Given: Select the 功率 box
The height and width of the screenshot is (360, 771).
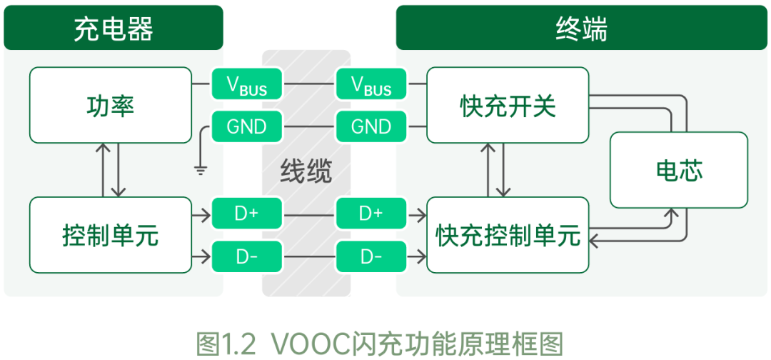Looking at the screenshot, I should pyautogui.click(x=111, y=105).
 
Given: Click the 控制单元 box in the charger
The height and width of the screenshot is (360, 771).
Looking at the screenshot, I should pyautogui.click(x=111, y=235).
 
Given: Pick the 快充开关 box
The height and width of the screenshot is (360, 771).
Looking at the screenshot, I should pyautogui.click(x=508, y=105).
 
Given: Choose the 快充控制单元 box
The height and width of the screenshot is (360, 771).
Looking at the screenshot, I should pyautogui.click(x=508, y=235).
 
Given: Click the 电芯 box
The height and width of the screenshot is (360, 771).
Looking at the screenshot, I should pyautogui.click(x=679, y=170).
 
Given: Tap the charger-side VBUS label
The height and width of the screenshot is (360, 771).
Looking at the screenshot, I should pyautogui.click(x=247, y=85).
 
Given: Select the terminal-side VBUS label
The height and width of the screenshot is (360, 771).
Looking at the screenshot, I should pyautogui.click(x=371, y=85).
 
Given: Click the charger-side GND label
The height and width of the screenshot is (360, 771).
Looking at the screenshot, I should pyautogui.click(x=247, y=126).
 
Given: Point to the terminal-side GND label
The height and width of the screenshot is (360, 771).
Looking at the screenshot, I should pyautogui.click(x=371, y=126).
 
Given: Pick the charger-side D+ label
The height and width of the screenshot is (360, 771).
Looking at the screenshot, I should pyautogui.click(x=247, y=213).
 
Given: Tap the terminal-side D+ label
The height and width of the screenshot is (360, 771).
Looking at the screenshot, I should pyautogui.click(x=371, y=213).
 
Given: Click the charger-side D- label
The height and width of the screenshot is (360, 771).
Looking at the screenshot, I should pyautogui.click(x=247, y=256).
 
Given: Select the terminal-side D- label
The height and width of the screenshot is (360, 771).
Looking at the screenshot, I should pyautogui.click(x=371, y=256).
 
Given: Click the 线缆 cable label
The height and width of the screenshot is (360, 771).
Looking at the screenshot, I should pyautogui.click(x=306, y=171).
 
